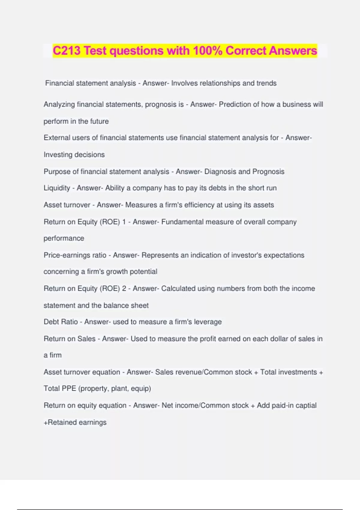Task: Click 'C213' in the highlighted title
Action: (x=67, y=51)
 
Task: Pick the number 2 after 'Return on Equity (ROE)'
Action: (x=124, y=289)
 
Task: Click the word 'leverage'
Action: (x=208, y=322)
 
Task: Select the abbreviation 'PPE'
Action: (x=69, y=388)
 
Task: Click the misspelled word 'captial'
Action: (x=306, y=406)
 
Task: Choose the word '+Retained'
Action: (x=61, y=422)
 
